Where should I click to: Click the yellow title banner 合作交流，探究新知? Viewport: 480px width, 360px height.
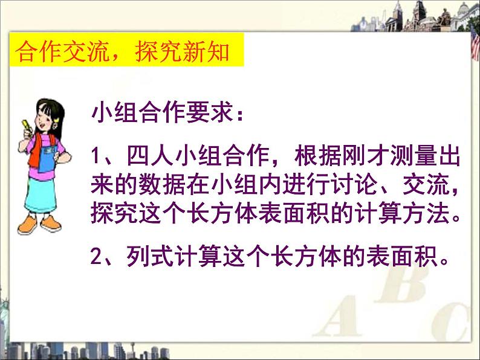126,50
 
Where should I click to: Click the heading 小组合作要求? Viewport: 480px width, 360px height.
163,112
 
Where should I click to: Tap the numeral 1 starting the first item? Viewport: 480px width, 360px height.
96,156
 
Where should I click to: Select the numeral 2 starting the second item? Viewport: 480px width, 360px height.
96,256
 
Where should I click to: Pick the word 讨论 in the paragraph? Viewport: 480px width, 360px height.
355,184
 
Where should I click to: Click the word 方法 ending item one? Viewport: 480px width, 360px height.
426,213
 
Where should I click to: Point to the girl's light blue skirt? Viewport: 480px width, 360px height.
41,195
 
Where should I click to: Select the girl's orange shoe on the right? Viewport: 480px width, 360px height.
51,223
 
